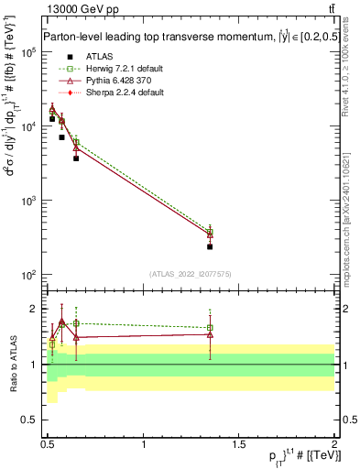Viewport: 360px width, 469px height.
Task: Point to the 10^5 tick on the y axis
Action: [29, 53]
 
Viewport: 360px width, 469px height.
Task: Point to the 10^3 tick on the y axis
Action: [29, 201]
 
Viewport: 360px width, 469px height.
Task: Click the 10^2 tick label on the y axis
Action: [29, 275]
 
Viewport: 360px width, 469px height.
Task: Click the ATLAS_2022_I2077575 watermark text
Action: [191, 274]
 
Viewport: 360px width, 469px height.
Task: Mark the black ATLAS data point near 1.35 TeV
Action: [210, 246]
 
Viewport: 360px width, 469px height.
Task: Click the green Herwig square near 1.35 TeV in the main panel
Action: [210, 232]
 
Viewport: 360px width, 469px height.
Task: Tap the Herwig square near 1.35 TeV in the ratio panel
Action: [210, 328]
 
